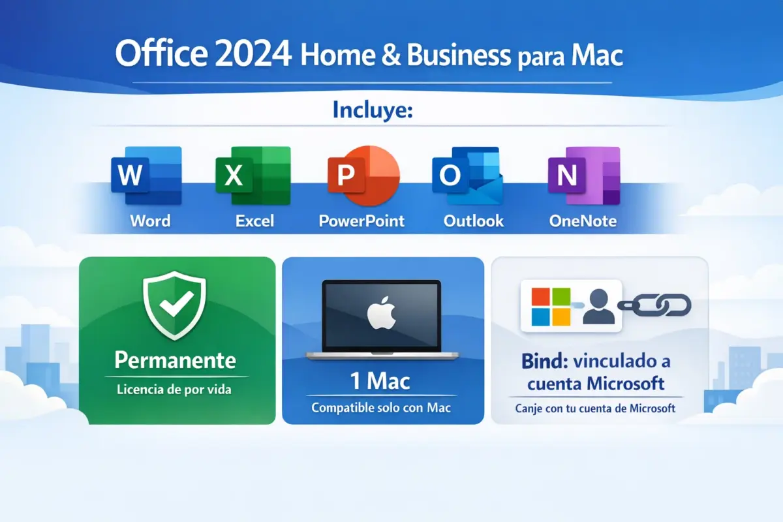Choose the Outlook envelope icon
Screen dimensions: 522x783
(x=467, y=174)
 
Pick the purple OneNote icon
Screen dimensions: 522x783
(x=583, y=174)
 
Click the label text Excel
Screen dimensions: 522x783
(x=254, y=221)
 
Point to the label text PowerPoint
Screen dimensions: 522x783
(x=361, y=221)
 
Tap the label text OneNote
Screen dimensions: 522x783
(x=583, y=221)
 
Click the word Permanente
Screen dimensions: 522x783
(x=175, y=360)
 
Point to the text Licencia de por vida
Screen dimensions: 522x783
(x=174, y=390)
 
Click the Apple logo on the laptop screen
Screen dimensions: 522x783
(x=382, y=315)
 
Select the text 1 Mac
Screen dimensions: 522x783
(x=381, y=380)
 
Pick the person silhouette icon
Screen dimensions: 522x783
(x=598, y=307)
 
